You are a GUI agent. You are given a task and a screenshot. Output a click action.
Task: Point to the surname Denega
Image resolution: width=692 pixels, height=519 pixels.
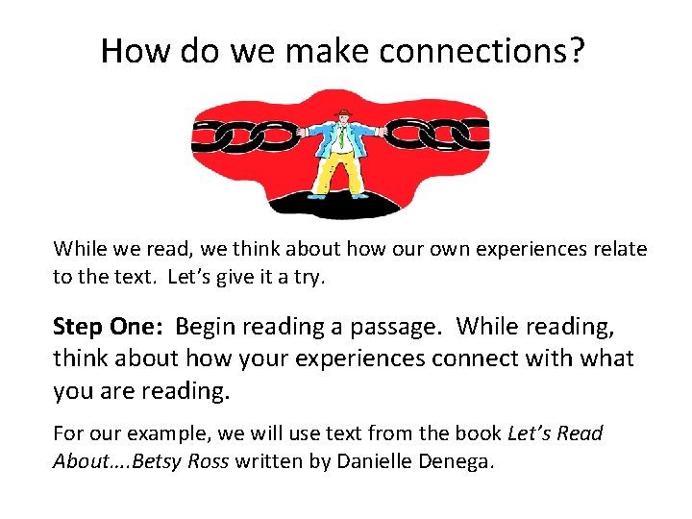(x=459, y=461)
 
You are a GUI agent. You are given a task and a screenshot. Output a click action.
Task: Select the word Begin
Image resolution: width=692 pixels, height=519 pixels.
(x=210, y=327)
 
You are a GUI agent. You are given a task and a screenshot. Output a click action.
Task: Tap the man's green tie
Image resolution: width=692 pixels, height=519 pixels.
(x=341, y=139)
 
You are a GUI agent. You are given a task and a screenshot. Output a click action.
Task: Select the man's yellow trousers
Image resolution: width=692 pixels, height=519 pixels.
(x=341, y=173)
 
